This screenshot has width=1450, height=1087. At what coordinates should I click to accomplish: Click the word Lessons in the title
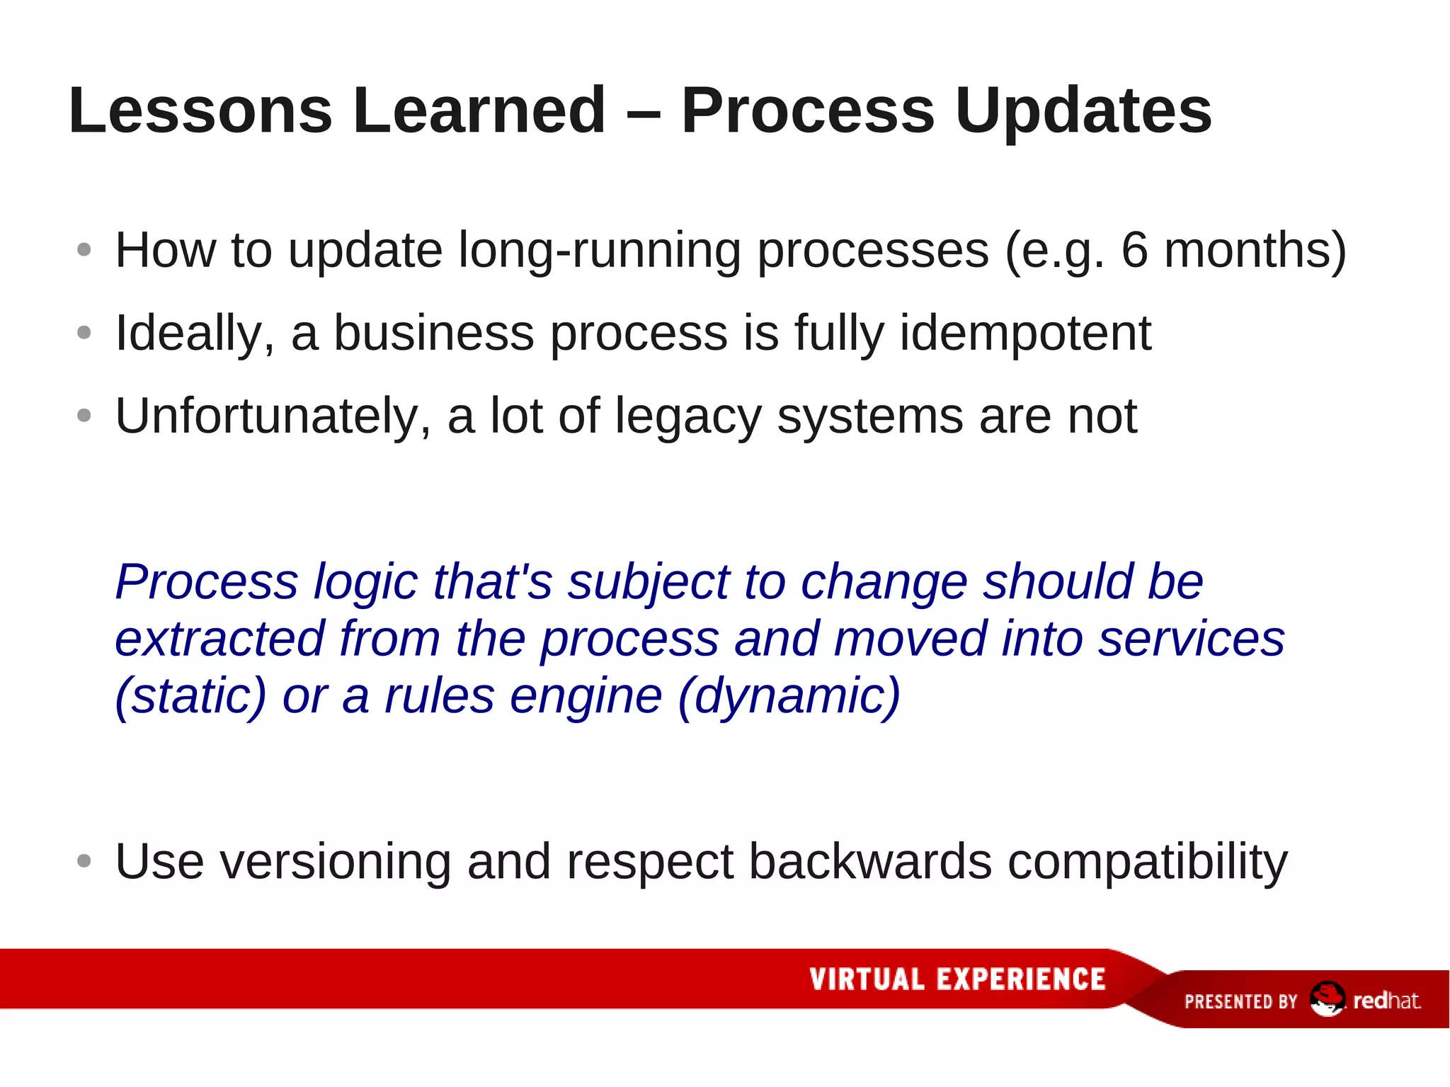(200, 110)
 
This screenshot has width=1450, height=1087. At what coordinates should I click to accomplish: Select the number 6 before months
(1134, 250)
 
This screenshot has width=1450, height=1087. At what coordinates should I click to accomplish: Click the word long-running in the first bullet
(600, 251)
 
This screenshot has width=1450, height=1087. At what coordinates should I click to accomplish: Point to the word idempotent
(1025, 333)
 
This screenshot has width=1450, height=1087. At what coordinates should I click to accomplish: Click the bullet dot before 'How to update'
(84, 250)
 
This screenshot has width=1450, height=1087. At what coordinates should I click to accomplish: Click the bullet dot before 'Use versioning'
(84, 861)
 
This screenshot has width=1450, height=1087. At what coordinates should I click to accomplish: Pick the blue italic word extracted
(220, 639)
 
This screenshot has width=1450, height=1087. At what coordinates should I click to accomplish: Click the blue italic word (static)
(190, 696)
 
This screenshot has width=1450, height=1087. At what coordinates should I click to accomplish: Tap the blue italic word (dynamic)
(789, 696)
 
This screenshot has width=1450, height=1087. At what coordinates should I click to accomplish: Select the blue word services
(1191, 639)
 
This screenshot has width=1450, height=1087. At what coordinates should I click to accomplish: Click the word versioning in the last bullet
(335, 862)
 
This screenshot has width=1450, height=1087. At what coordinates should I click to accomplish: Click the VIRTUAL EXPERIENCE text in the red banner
(957, 979)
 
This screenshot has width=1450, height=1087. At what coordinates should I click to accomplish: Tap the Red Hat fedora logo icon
(1326, 999)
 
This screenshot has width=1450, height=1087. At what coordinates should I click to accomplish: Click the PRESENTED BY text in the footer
(1240, 1001)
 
